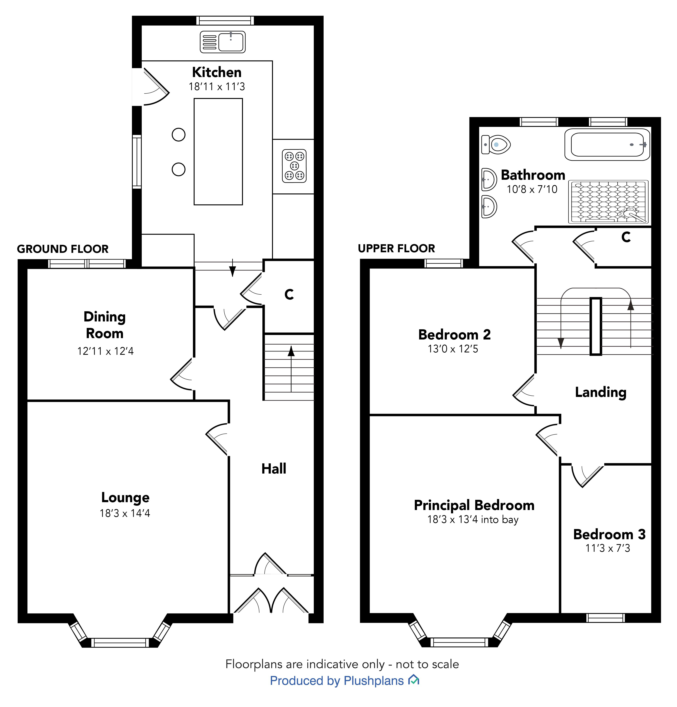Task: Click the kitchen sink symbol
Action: click(x=223, y=42)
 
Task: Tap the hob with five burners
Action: click(x=294, y=166)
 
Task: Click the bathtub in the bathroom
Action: click(x=607, y=145)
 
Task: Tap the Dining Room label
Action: click(x=105, y=325)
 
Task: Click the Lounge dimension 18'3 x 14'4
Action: click(x=125, y=513)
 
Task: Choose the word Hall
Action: click(x=274, y=469)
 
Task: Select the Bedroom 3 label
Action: click(x=609, y=534)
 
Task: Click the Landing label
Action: click(x=601, y=392)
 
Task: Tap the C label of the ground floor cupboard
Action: click(x=289, y=295)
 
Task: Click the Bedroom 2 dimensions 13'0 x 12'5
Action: click(x=453, y=349)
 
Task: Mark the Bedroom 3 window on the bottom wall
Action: click(x=606, y=618)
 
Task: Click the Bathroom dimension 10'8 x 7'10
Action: click(x=532, y=189)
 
